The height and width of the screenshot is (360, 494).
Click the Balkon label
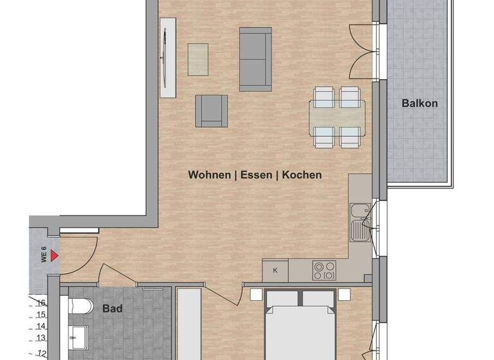click(x=419, y=103)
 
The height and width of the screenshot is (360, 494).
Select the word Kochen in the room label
click(x=302, y=175)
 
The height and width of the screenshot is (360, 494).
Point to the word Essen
click(x=256, y=175)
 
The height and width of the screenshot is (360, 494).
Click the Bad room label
click(x=113, y=309)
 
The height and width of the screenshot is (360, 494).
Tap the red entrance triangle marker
click(x=55, y=256)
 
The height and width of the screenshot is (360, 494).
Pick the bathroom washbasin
click(x=80, y=335)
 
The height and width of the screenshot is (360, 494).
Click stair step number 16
click(x=41, y=303)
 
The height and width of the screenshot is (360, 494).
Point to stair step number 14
click(x=41, y=326)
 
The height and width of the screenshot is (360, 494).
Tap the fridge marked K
click(x=275, y=270)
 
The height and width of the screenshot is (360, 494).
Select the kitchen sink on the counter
click(x=358, y=219)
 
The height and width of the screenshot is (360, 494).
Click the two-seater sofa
click(x=255, y=59)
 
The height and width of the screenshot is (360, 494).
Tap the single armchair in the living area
click(x=212, y=110)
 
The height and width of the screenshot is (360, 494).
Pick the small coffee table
click(x=199, y=59)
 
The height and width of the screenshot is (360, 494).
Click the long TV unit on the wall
click(x=168, y=57)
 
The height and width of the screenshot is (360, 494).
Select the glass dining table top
click(x=337, y=117)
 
